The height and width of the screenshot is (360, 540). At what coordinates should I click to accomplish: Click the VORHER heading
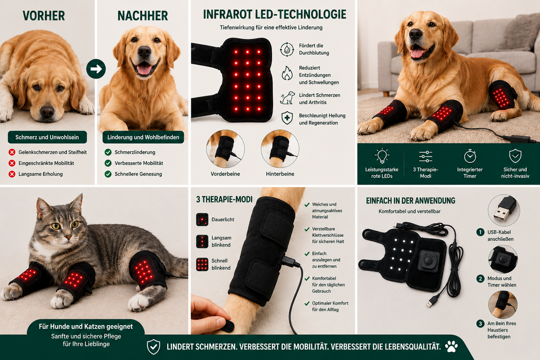[44, 16]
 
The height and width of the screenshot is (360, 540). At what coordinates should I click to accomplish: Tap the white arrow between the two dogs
[96, 69]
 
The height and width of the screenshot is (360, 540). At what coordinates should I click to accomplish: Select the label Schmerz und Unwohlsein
[47, 138]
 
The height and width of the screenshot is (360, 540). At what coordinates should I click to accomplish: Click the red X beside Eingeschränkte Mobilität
[12, 163]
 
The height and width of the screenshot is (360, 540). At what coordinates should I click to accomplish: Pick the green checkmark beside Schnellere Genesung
[108, 174]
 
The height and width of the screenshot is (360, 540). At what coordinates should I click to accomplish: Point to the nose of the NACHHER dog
[144, 52]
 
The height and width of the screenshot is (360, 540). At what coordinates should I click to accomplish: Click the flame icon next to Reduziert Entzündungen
[287, 73]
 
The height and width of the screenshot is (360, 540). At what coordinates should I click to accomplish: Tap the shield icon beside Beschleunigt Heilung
[287, 118]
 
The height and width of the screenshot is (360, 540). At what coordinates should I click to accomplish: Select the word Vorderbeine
[225, 174]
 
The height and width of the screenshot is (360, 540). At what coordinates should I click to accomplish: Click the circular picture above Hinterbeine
[280, 149]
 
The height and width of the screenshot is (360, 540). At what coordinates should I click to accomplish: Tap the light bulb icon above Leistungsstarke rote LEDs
[382, 156]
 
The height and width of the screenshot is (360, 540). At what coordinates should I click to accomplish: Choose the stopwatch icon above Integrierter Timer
[470, 156]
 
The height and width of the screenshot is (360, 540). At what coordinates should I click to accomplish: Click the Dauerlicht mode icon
[202, 220]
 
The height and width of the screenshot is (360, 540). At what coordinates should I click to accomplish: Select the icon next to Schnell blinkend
[202, 264]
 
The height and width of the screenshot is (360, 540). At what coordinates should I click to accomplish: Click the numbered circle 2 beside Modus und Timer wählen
[480, 278]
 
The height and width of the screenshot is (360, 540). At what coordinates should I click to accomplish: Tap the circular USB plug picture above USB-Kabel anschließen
[504, 210]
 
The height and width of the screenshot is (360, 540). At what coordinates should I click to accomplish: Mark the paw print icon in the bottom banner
[451, 346]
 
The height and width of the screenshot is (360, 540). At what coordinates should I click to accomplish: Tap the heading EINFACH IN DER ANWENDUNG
[410, 201]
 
